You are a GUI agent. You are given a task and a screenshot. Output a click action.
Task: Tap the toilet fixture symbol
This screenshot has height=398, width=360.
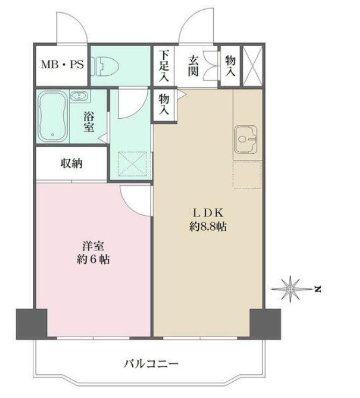[107, 66]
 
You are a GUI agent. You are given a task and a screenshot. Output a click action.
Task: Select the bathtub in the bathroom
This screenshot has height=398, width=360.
[52, 117]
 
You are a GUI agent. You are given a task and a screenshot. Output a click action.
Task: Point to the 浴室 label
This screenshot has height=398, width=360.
[89, 121]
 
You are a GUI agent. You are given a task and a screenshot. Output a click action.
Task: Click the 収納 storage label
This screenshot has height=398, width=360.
[71, 164]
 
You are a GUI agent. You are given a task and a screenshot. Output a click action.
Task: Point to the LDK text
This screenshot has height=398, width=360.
[207, 211]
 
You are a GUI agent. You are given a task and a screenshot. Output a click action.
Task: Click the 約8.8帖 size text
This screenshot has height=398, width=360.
[207, 227]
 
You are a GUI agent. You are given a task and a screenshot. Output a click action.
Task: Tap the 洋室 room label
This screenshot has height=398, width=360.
[92, 245]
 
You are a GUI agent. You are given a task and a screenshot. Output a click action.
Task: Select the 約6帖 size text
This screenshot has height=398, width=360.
[92, 260]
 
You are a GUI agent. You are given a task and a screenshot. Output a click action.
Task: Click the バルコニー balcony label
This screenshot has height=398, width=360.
[151, 364]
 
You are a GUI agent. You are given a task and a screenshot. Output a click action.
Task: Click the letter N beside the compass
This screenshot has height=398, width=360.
[318, 290]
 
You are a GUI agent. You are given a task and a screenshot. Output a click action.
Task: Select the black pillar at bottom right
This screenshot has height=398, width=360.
[265, 324]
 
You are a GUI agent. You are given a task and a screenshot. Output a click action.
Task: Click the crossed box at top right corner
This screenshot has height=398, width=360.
[251, 66]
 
